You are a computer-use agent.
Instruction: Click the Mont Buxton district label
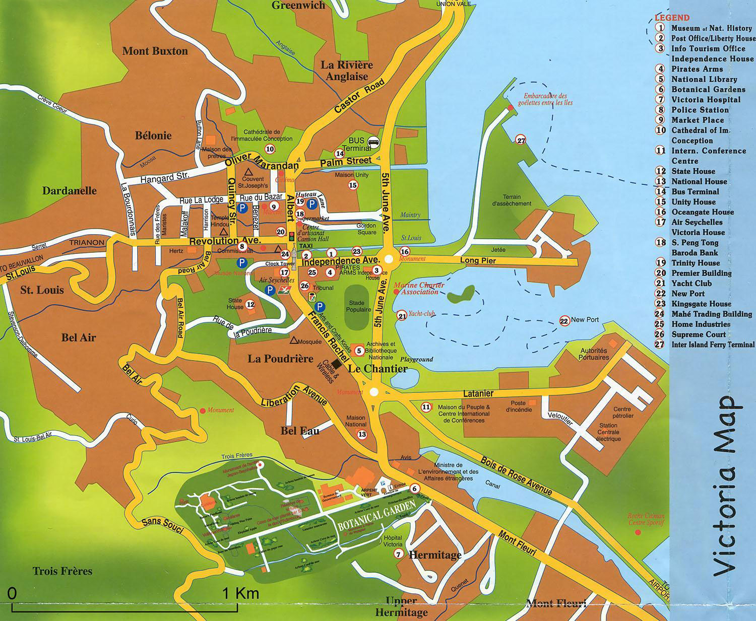(155, 51)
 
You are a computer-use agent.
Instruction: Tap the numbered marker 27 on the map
(521, 140)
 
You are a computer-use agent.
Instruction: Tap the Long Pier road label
(478, 260)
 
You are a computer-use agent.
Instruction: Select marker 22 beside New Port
(564, 320)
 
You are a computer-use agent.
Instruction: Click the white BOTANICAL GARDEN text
(377, 517)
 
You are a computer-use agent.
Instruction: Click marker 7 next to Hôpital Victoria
(398, 554)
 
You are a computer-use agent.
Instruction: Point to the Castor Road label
(359, 96)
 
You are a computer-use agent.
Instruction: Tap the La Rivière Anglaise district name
(347, 71)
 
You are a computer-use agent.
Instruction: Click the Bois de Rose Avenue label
(516, 475)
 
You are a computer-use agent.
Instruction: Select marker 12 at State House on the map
(250, 304)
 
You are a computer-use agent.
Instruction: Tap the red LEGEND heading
(672, 18)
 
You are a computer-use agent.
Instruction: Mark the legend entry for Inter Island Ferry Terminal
(713, 344)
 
